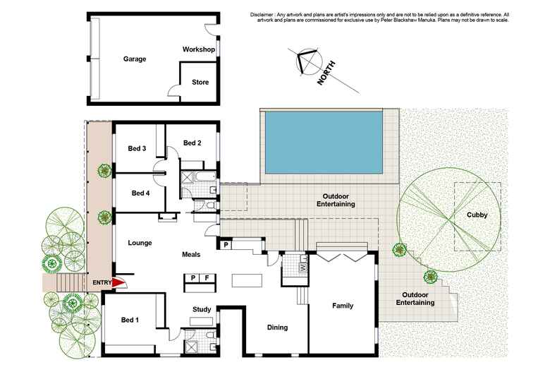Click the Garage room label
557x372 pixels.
pos(134,59)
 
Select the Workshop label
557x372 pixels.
pos(198,50)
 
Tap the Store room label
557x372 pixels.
pos(200,83)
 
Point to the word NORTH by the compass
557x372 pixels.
pos(327,73)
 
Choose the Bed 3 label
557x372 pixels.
pos(137,149)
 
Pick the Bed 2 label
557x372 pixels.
pos(192,143)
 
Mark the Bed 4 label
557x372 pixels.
pos(140,193)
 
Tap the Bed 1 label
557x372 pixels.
pos(128,320)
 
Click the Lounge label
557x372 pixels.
pos(140,243)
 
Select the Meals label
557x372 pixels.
pos(191,254)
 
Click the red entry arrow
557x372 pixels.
pos(120,283)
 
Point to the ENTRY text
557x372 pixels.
pos(102,283)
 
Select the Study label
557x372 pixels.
pos(202,309)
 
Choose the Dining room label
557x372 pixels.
pos(277,328)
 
